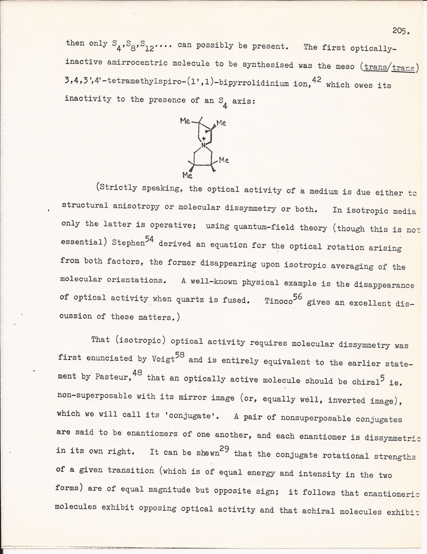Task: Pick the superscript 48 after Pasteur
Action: pos(137,373)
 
